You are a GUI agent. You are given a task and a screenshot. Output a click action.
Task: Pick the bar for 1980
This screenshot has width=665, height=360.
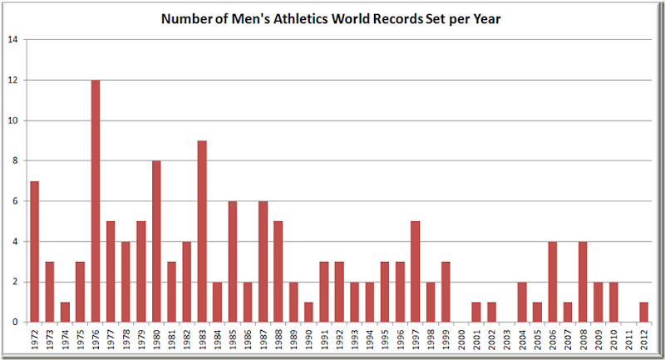click(x=156, y=241)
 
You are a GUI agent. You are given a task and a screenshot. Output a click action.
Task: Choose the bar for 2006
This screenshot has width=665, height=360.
click(x=553, y=282)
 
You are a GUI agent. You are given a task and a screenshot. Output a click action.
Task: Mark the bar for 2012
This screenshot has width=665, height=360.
click(x=644, y=312)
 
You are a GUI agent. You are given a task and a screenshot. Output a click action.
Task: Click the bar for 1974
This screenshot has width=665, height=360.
click(x=65, y=312)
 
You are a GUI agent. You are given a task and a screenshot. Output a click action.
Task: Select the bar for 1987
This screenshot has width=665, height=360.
click(x=263, y=262)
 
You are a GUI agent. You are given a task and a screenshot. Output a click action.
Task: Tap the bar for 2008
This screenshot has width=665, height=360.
click(x=584, y=282)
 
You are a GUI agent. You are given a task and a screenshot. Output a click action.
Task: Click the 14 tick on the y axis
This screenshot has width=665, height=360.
click(x=12, y=40)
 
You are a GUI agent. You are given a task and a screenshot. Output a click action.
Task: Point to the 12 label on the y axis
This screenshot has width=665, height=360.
click(x=12, y=81)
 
